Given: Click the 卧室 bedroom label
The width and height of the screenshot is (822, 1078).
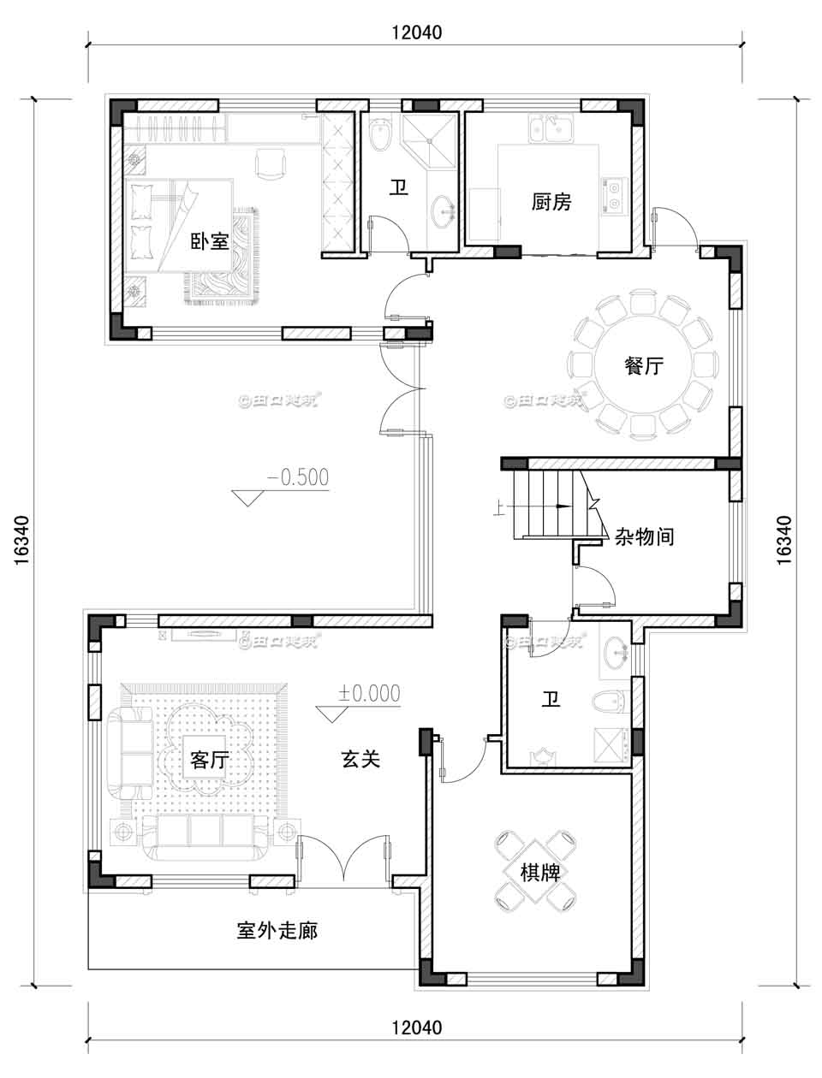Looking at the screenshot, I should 209,241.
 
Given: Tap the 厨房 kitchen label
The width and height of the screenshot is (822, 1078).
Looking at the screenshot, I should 551,202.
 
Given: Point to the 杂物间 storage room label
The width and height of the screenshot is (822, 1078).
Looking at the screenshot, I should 644,536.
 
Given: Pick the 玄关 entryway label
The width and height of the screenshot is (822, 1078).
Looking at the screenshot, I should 360,758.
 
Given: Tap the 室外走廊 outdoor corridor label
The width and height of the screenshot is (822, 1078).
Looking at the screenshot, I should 277,930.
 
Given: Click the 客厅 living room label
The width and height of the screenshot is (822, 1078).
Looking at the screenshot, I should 209,759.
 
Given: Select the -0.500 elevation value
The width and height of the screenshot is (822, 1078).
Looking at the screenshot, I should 297,477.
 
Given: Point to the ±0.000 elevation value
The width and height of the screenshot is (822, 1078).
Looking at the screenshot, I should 370,693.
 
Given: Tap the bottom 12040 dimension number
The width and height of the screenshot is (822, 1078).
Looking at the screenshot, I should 415,1028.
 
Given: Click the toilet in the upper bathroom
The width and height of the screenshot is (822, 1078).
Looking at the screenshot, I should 379,135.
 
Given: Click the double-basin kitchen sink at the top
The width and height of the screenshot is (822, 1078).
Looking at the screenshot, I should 551,130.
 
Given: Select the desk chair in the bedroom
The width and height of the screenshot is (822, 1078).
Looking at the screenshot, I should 270,162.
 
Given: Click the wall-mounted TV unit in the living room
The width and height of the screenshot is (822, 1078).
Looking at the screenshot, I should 203,634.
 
